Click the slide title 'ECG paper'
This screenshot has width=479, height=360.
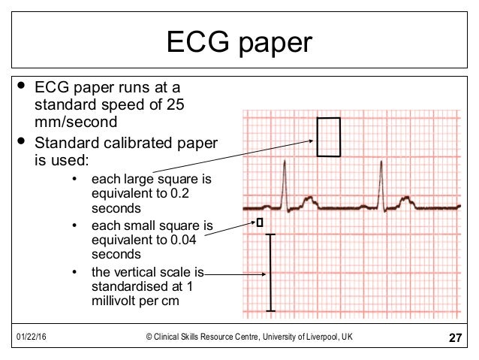tap(239, 42)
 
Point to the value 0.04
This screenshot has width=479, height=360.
tap(183, 240)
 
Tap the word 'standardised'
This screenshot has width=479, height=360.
tap(128, 286)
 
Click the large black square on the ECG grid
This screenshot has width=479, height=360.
tap(328, 137)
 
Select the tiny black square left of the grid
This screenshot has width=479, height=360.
tap(260, 222)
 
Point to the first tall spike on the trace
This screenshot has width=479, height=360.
tap(284, 184)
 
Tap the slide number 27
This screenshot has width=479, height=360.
tap(454, 339)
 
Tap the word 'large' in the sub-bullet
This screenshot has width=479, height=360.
tap(133, 180)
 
